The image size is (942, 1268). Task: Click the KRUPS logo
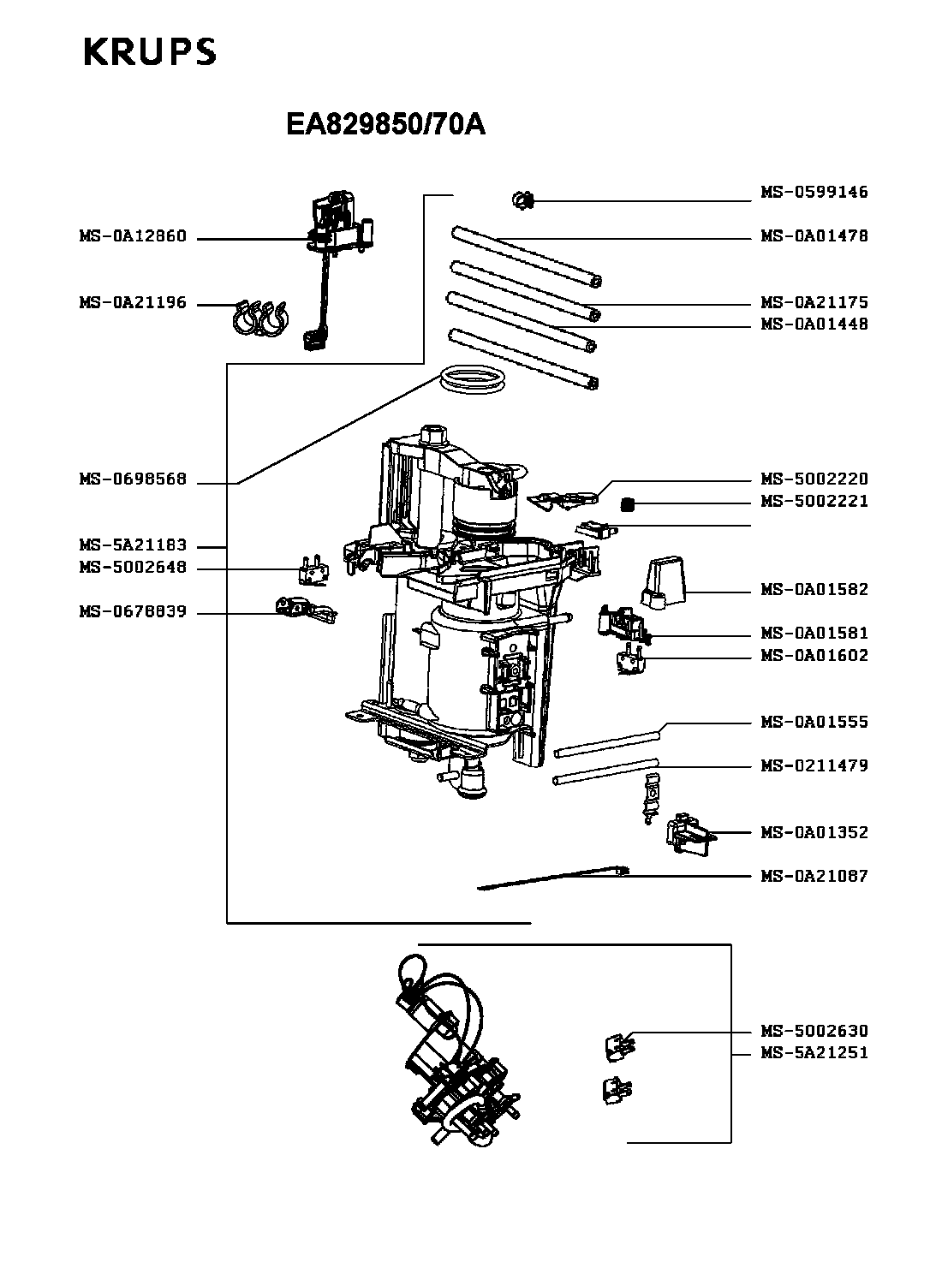pos(150,52)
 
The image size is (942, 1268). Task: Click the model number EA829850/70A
pos(385,126)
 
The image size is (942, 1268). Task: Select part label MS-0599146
pos(814,193)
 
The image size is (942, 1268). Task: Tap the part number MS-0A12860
pos(133,237)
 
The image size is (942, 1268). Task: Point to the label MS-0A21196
pos(133,303)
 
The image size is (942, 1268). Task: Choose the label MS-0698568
pos(133,480)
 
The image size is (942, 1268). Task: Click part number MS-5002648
pos(133,569)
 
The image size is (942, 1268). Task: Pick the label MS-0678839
pos(133,613)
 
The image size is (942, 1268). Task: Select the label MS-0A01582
pos(814,590)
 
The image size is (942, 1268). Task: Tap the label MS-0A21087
pos(814,876)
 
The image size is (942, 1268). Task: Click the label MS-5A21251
pos(814,1053)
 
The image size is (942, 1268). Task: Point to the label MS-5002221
pos(814,502)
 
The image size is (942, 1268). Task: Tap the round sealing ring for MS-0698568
pos(471,379)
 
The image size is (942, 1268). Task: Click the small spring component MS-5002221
pos(628,503)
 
